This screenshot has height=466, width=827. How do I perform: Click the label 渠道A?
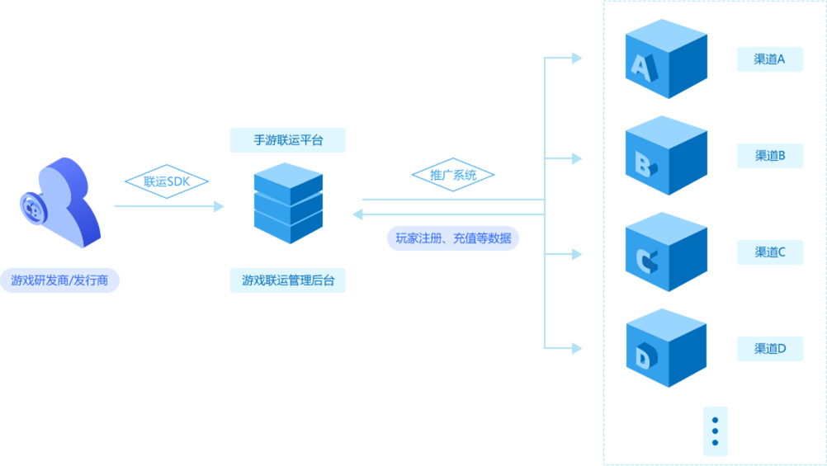769,59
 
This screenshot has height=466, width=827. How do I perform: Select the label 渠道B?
769,155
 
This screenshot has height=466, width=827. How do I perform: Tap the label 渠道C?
769,252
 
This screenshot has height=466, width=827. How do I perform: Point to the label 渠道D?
769,349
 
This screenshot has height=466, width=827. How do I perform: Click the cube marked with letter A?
665,59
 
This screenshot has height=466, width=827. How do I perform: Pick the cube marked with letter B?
665,155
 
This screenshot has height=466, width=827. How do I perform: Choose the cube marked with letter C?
665,252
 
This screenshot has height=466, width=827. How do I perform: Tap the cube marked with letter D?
665,348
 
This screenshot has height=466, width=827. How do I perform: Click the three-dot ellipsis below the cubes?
715,431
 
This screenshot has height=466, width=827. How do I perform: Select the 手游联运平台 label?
288,140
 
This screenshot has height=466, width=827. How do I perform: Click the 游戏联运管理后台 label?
288,280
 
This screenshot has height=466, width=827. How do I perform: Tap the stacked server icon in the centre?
288,203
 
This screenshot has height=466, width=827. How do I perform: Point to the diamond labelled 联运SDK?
166,181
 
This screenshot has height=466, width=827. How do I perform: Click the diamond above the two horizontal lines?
453,174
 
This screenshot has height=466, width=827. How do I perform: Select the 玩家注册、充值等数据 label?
453,238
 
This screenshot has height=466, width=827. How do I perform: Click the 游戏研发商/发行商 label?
59,280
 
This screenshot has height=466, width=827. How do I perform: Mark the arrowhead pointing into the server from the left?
219,206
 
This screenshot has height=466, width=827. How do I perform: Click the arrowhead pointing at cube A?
577,58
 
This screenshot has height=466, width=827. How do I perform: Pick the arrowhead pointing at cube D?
577,348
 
